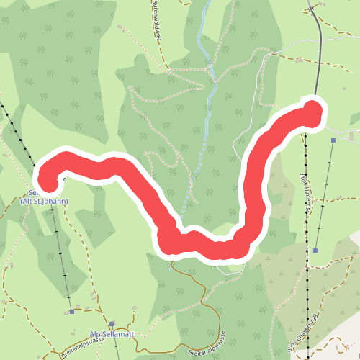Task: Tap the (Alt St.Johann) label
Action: tap(45, 202)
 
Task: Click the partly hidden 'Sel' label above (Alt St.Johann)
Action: tap(32, 192)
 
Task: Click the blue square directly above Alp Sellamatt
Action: tap(112, 324)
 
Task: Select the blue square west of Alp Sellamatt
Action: tap(72, 312)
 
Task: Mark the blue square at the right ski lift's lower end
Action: tap(315, 251)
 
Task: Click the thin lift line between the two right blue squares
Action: tap(324, 194)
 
